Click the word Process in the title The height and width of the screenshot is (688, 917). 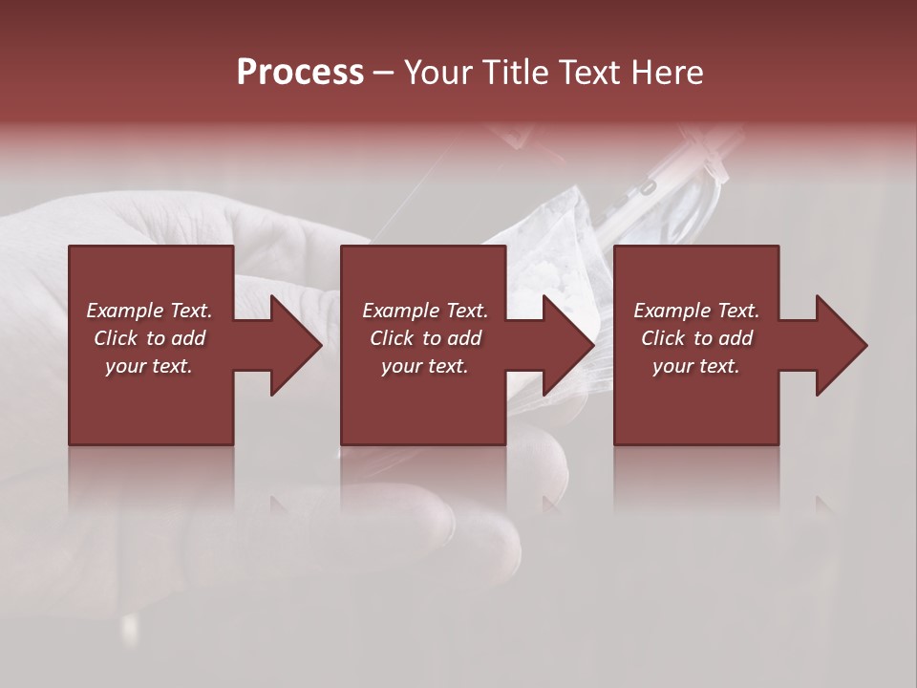(300, 73)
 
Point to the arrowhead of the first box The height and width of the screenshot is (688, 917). (291, 345)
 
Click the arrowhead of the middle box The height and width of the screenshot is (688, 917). (565, 345)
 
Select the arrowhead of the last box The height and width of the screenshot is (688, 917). (837, 345)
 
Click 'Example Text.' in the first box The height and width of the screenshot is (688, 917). (149, 310)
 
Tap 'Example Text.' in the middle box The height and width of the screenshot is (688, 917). (425, 310)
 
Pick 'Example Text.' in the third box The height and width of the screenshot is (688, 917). (696, 310)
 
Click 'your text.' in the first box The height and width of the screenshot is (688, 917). (149, 366)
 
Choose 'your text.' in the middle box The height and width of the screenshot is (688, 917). (425, 366)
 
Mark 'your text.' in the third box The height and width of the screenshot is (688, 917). (696, 366)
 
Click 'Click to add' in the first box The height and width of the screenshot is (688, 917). (149, 338)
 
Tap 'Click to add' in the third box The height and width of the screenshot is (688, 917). (696, 338)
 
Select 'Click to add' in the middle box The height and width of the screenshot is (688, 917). (425, 338)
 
